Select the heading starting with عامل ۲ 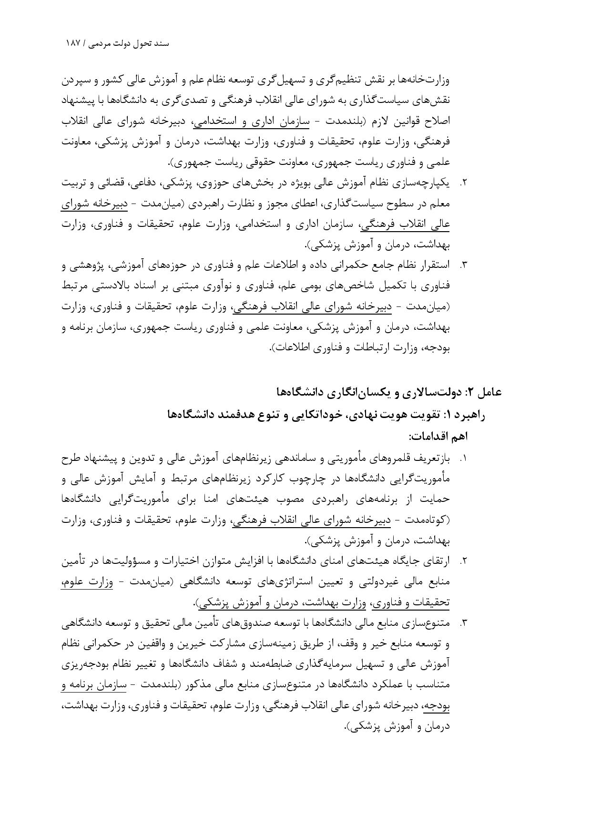(388, 392)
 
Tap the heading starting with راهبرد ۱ (326, 414)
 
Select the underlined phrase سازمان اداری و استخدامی (250, 122)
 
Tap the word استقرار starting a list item (434, 265)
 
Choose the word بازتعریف (431, 459)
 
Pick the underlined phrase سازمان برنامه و (96, 685)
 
